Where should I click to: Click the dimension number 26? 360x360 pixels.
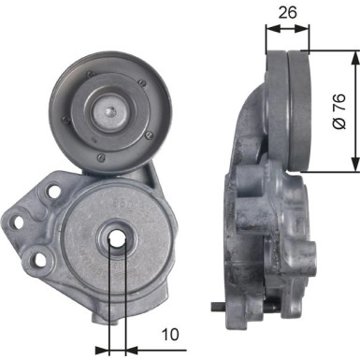tap(289, 15)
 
